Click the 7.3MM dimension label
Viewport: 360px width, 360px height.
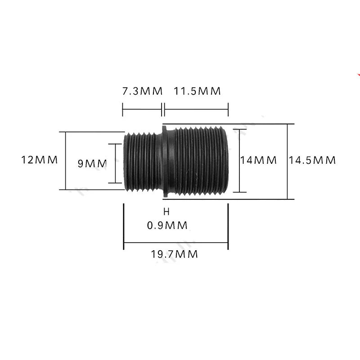tap(142, 91)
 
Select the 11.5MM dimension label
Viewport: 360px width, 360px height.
tap(197, 91)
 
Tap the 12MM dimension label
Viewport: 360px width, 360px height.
tap(40, 160)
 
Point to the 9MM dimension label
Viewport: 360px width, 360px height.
tap(93, 163)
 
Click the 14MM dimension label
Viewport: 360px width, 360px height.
tap(258, 160)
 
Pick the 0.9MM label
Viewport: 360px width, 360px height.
tap(167, 225)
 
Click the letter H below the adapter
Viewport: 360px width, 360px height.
tap(166, 211)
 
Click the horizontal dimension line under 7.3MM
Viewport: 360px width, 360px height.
tap(142, 109)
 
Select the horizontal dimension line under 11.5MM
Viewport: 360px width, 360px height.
tap(197, 109)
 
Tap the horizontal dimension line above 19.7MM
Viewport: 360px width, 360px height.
tap(176, 243)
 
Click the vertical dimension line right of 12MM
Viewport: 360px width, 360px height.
tap(66, 161)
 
